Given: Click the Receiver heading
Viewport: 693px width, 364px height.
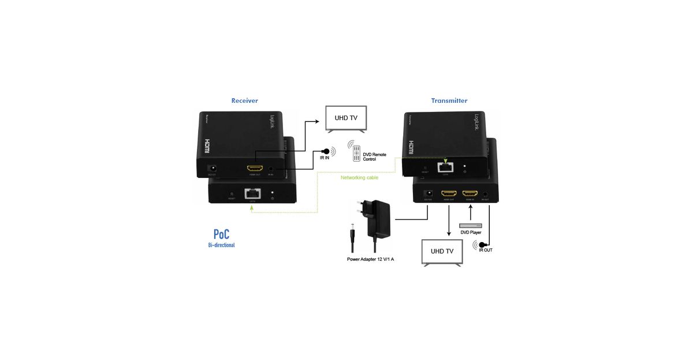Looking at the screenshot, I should point(244,101).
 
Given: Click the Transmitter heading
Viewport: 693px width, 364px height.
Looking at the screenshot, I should point(449,101).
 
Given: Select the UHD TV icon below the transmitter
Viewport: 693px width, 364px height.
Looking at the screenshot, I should point(442,251).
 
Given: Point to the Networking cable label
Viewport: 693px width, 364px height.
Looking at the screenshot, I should point(359,177).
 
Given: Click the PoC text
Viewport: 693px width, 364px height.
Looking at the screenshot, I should point(221,234).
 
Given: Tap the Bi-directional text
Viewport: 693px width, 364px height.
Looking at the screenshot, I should point(221,246).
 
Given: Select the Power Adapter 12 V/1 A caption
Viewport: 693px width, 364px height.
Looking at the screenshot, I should point(370,259).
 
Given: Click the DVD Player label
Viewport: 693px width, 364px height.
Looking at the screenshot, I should point(471,232).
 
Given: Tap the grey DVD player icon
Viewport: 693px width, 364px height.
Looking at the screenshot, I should point(470,225).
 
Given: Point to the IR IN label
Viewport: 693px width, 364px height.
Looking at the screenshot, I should point(325,157).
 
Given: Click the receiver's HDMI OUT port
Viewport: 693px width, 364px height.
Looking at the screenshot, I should point(255,169).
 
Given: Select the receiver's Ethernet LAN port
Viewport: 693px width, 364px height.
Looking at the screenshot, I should point(252,193).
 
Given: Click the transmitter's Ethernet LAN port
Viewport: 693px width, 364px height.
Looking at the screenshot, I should point(445,167).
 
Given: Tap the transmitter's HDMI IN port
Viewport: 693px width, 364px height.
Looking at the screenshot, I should point(470,194).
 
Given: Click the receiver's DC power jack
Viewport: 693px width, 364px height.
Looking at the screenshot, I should point(212,168).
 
